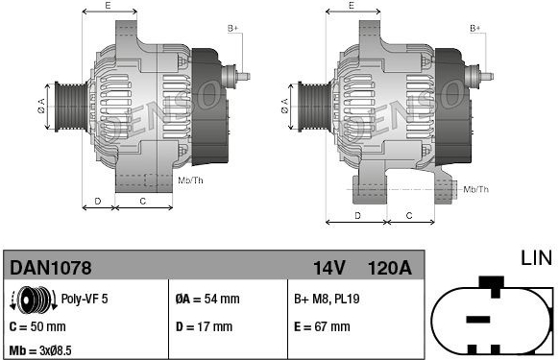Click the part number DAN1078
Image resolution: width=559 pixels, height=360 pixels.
[51, 267]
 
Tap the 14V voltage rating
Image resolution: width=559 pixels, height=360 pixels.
[329, 268]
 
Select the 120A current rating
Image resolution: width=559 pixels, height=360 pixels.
[390, 268]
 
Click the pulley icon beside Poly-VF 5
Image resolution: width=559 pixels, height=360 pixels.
[34, 300]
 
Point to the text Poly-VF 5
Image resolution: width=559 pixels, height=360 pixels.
[85, 299]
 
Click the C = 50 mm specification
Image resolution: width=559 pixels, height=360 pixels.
[37, 326]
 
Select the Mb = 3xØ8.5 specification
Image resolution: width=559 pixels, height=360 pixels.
[40, 350]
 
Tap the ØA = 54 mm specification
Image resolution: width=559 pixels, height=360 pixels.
[207, 299]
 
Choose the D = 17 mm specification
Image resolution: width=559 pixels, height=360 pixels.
[204, 326]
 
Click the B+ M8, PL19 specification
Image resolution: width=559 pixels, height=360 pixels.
[327, 299]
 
